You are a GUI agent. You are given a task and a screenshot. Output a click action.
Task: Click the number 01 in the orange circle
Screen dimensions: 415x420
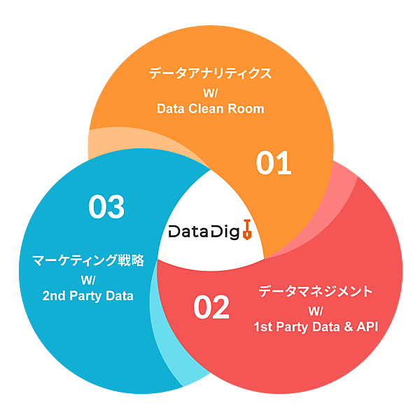273,164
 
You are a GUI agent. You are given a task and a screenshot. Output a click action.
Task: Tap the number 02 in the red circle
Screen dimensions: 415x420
211,308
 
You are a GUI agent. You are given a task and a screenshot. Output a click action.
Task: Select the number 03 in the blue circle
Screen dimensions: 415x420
106,206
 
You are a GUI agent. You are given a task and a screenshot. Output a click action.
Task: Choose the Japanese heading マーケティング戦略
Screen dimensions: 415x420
88,261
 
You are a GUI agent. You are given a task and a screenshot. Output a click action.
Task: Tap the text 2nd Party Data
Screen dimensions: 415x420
88,296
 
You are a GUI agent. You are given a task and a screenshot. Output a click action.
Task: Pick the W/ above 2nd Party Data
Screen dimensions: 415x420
88,279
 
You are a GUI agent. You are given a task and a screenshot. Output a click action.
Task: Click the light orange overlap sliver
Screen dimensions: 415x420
112,140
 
